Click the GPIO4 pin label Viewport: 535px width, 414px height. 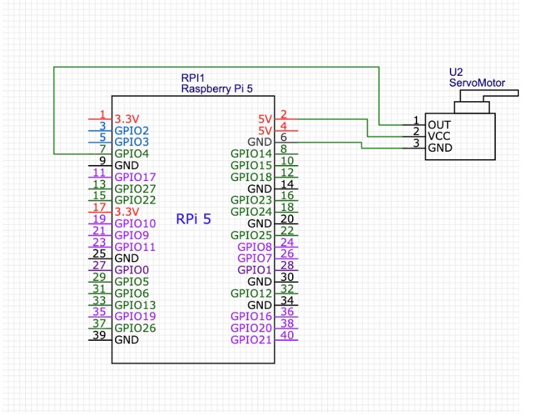point(131,154)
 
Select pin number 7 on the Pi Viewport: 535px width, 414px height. point(102,149)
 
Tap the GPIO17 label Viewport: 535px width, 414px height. point(135,177)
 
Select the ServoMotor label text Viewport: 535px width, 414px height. point(476,84)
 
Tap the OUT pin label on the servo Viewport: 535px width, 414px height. point(439,124)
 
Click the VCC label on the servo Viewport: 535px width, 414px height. point(439,136)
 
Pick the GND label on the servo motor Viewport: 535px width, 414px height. point(439,147)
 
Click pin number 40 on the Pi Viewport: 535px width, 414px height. point(287,335)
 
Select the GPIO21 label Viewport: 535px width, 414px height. point(252,340)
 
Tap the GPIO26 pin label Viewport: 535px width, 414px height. point(135,327)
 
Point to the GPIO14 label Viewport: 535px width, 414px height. point(252,154)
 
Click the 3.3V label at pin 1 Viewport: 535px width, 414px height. point(126,119)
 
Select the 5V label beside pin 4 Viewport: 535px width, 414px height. point(265,130)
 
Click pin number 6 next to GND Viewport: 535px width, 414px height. point(283,137)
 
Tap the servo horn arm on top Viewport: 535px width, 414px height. point(500,93)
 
